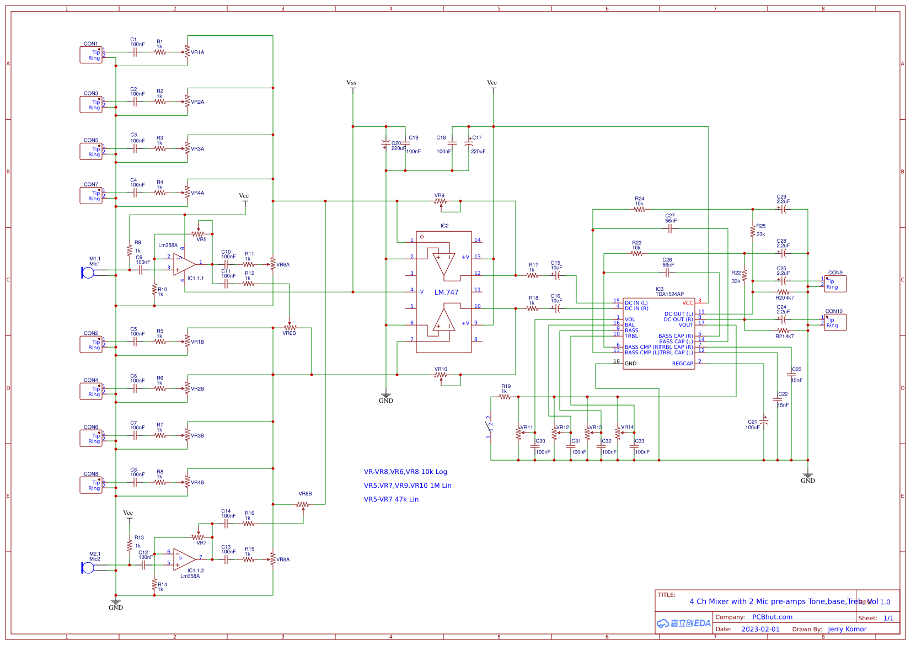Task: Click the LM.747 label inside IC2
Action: (x=446, y=292)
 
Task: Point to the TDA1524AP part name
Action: (x=669, y=294)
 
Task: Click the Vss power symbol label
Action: (x=351, y=83)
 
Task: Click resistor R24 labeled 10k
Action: (x=639, y=210)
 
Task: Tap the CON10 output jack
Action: (x=835, y=323)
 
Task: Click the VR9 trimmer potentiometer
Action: (x=441, y=202)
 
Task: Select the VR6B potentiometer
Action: (x=290, y=328)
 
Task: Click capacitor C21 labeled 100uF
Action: (x=764, y=423)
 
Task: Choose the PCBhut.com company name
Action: (x=772, y=617)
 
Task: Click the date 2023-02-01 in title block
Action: (x=760, y=629)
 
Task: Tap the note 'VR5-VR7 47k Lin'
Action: (x=391, y=499)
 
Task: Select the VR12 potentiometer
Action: (x=555, y=433)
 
